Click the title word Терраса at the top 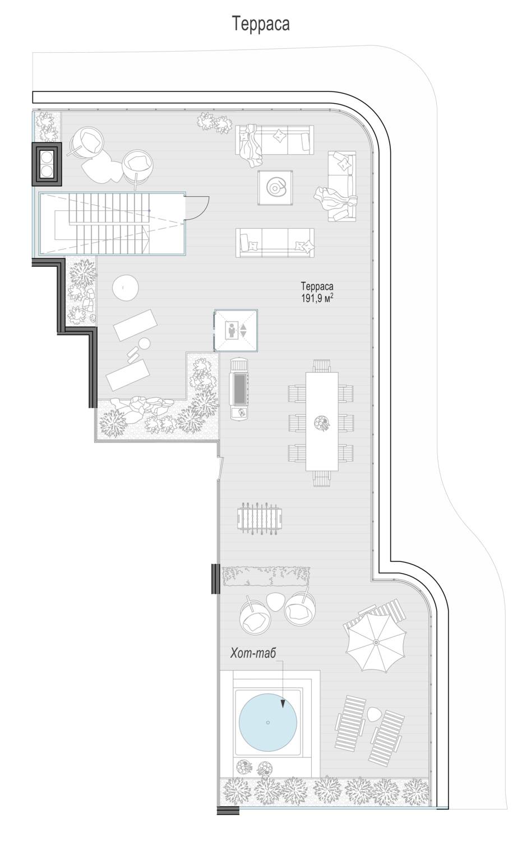pos(261,24)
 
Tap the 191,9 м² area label pos(317,298)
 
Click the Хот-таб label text pos(253,653)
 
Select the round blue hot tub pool pos(268,722)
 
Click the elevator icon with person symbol pos(236,331)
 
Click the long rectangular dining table pos(322,421)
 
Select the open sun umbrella pos(376,642)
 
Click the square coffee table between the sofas pos(275,187)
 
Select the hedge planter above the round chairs pos(266,576)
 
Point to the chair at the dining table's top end pos(322,366)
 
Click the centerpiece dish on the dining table pos(322,423)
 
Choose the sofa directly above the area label pos(275,243)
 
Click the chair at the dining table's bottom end pos(322,478)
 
